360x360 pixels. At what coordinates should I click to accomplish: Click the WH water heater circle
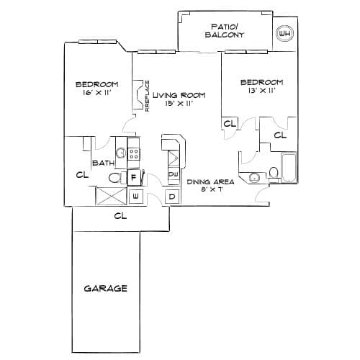(x=285, y=34)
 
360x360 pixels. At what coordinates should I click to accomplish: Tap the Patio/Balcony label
(x=224, y=30)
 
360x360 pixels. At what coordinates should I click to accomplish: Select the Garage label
(x=105, y=288)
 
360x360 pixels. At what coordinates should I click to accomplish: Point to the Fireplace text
(x=148, y=96)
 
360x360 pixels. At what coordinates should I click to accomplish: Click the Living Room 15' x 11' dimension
(x=179, y=104)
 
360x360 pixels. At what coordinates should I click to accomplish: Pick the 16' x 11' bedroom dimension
(x=96, y=93)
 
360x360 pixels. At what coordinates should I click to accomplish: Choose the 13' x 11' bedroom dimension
(x=261, y=91)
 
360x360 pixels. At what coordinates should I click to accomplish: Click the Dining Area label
(x=210, y=181)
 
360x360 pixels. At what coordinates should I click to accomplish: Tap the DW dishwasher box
(x=173, y=174)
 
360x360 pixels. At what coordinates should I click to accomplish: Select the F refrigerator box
(x=133, y=178)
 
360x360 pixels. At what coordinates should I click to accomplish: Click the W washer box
(x=135, y=197)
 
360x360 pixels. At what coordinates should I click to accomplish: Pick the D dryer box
(x=172, y=197)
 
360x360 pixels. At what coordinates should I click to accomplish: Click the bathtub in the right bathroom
(x=289, y=168)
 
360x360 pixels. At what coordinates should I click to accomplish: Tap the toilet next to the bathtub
(x=274, y=175)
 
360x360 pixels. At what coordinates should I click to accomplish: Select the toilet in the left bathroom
(x=117, y=178)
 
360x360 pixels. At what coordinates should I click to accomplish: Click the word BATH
(x=103, y=163)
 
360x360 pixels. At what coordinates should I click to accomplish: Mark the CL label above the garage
(x=120, y=216)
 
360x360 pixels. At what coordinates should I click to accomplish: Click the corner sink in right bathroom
(x=254, y=177)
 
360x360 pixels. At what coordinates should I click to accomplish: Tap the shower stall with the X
(x=112, y=196)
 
